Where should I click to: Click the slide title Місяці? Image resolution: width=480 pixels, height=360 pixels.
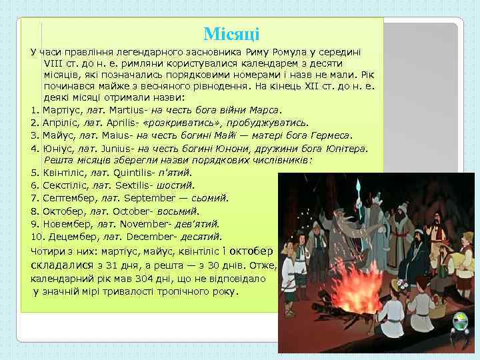tap(231, 34)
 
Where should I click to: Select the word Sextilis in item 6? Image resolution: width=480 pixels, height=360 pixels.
tap(133, 186)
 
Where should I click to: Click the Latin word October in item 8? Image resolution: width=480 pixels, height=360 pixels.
tap(133, 211)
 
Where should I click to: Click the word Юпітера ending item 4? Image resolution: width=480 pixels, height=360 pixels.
tap(347, 148)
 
